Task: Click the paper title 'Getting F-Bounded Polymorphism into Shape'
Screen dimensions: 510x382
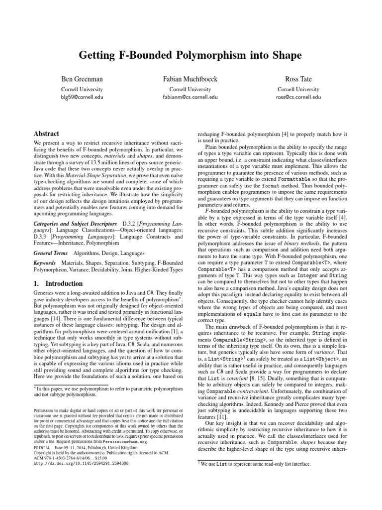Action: point(191,56)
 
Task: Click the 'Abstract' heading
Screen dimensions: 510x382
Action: point(46,134)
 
